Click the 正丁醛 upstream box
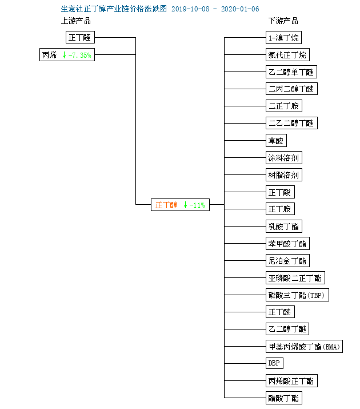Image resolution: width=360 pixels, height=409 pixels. (80, 38)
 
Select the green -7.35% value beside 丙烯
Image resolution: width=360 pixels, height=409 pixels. (79, 55)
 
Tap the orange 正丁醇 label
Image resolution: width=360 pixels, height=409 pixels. (166, 205)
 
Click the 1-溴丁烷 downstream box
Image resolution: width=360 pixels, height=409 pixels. (283, 38)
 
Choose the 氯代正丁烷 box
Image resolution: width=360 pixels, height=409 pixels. (287, 55)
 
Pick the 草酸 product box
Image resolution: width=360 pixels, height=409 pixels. (276, 141)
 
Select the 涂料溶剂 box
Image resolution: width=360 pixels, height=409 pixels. (284, 158)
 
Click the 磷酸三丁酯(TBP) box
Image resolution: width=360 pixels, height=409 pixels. (297, 295)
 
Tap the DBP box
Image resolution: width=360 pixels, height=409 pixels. (274, 363)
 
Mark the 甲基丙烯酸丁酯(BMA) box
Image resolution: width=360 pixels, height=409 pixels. (304, 347)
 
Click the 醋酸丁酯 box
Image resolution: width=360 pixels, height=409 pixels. (284, 398)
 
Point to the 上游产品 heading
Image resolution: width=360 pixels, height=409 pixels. (76, 21)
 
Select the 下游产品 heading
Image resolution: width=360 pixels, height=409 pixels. (283, 21)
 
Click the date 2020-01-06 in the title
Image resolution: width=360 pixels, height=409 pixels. (239, 9)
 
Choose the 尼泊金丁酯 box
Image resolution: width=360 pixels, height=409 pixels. (287, 261)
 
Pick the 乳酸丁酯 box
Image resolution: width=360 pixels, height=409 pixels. (284, 227)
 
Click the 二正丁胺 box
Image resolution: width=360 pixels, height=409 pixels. (284, 106)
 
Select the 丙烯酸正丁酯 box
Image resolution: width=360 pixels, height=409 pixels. (291, 381)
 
